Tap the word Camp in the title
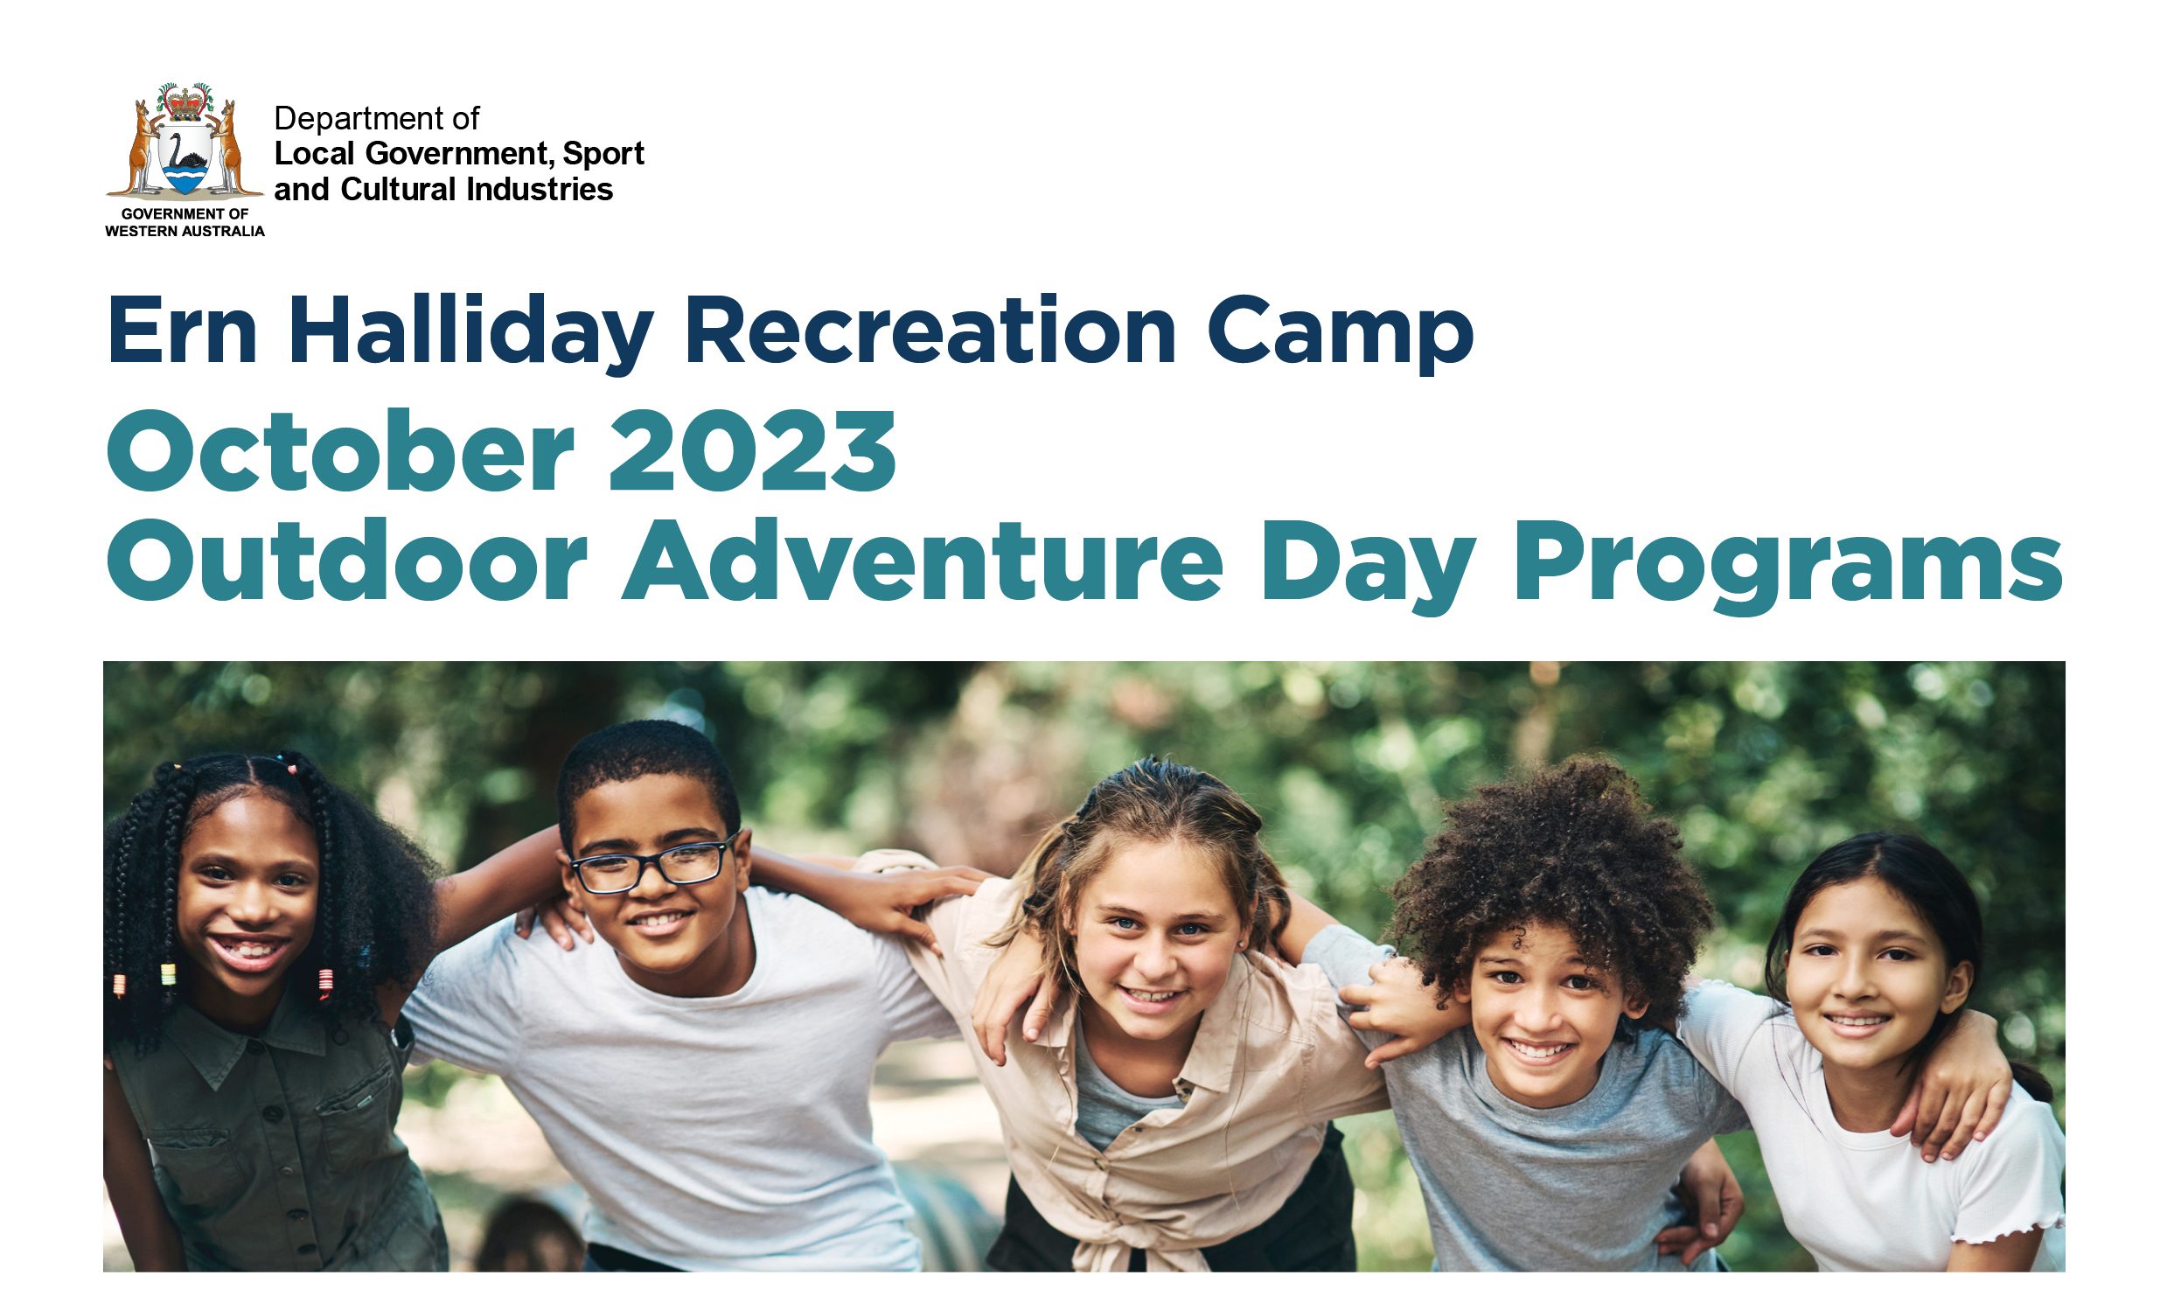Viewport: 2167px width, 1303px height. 1340,334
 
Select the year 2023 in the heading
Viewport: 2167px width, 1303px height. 752,450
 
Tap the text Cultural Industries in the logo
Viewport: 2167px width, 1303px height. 476,189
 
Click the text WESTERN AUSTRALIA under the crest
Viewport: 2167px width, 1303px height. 185,231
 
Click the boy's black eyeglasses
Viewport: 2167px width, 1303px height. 651,865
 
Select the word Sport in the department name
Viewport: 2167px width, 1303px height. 603,155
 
